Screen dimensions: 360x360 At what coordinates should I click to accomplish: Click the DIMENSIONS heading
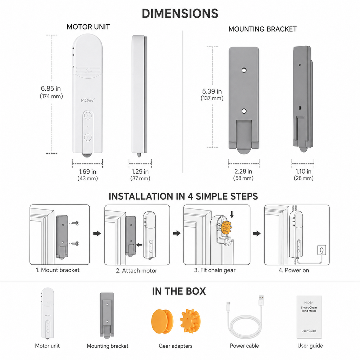pyautogui.click(x=180, y=14)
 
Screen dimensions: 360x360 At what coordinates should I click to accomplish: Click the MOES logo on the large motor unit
pyautogui.click(x=88, y=100)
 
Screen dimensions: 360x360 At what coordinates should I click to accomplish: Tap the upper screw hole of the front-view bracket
pyautogui.click(x=244, y=70)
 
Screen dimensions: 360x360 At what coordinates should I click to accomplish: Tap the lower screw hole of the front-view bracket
pyautogui.click(x=244, y=111)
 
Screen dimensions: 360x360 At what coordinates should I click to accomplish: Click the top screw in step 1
pyautogui.click(x=75, y=223)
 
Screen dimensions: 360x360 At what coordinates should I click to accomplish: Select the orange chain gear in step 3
pyautogui.click(x=227, y=227)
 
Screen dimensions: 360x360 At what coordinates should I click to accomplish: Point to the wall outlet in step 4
pyautogui.click(x=322, y=250)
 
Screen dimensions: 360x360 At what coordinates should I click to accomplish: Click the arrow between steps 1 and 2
pyautogui.click(x=97, y=233)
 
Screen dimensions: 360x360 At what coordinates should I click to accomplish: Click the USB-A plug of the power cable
pyautogui.click(x=261, y=300)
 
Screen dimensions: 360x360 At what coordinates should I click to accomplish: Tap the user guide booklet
pyautogui.click(x=309, y=317)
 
